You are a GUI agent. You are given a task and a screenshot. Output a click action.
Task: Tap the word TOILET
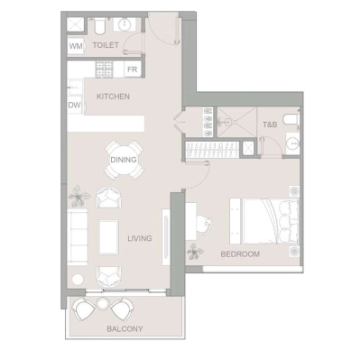click(106, 44)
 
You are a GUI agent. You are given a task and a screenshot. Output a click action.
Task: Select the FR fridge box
click(132, 69)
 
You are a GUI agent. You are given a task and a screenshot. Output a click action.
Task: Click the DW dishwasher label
click(73, 105)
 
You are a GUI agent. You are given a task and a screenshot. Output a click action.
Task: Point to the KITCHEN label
click(114, 97)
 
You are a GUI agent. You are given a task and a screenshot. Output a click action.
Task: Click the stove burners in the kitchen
click(104, 69)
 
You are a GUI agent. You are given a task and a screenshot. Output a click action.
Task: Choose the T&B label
click(270, 124)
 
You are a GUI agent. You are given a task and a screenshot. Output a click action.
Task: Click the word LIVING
click(139, 238)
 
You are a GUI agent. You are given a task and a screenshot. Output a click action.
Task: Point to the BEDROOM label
click(240, 254)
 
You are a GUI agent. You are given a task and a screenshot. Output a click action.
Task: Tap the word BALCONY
click(124, 328)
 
